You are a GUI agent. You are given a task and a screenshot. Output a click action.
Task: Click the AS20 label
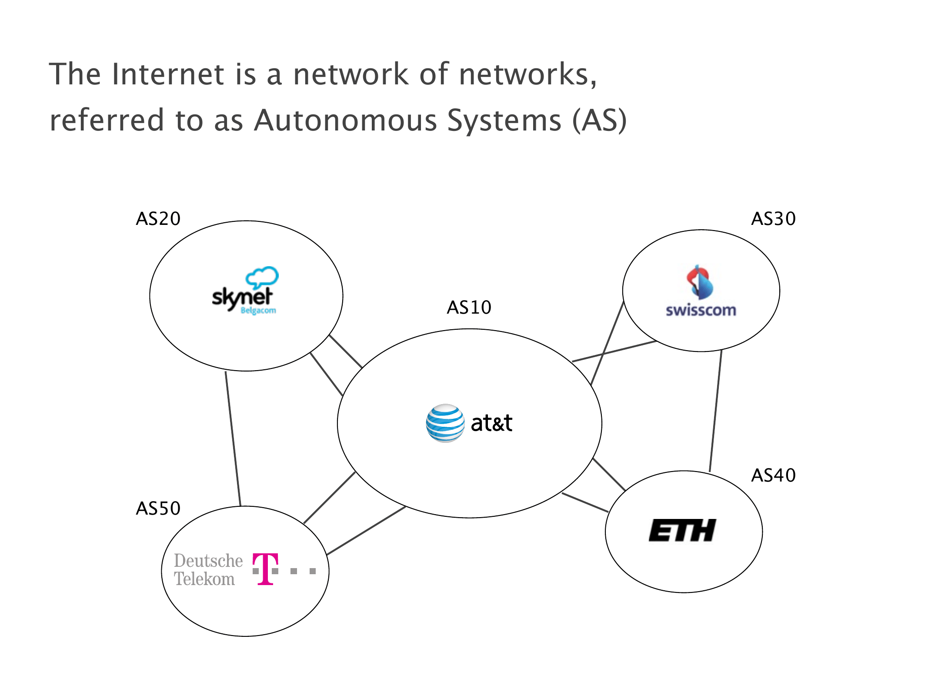[x=158, y=218]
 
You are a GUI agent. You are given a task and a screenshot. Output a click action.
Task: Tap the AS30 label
[x=773, y=218]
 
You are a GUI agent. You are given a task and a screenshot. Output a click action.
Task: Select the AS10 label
[x=469, y=307]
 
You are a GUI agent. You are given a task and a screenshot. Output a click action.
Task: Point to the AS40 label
[x=773, y=475]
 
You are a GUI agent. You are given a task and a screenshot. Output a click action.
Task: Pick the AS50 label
[x=158, y=508]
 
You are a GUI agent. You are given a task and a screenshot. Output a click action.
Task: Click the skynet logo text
[x=242, y=298]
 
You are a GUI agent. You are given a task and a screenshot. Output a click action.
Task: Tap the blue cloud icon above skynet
[x=262, y=277]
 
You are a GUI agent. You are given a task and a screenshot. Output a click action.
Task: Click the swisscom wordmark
[x=701, y=310]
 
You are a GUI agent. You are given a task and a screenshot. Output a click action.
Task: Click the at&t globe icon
[x=445, y=423]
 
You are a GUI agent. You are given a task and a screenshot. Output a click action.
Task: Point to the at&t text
[x=491, y=423]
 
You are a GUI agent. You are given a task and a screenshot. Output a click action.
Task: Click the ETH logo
[x=682, y=530]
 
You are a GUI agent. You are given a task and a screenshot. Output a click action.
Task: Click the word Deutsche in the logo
[x=208, y=561]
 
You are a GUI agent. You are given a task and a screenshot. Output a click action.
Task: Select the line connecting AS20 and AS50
[x=233, y=438]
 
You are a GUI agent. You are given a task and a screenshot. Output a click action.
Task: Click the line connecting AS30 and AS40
[x=716, y=411]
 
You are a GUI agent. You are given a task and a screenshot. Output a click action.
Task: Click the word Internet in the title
[x=168, y=74]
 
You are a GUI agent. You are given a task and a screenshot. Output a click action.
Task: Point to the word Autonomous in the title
[x=346, y=120]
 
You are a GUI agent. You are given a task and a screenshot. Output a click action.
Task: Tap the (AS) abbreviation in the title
[x=600, y=120]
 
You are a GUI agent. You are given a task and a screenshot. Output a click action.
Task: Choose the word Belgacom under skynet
[x=258, y=311]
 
